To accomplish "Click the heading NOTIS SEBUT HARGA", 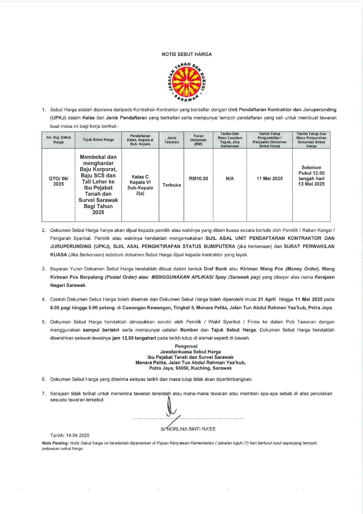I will point(187,54).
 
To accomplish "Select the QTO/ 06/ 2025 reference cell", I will point(59,181).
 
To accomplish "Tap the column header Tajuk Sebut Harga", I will point(98,140).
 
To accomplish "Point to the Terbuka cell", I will point(171,185).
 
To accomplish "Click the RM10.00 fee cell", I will point(198,179).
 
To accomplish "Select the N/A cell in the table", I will point(230,179).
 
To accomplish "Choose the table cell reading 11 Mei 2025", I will point(269,179).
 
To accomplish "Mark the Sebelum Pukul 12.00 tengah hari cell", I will point(311,176).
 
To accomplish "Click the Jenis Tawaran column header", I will point(171,140).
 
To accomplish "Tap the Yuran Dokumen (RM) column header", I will point(198,140).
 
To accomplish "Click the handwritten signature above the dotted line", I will point(171,409).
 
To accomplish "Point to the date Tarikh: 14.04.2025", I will point(70,436).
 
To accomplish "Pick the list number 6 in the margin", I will point(44,379).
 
